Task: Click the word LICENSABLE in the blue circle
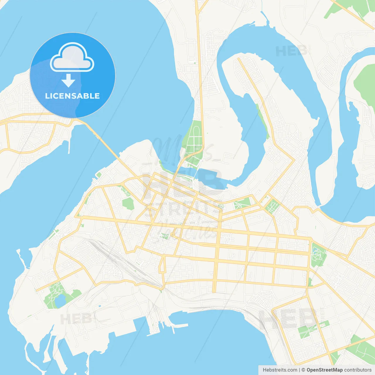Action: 72,96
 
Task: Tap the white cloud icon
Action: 72,58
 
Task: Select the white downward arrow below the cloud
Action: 68,81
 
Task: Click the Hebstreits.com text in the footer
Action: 280,370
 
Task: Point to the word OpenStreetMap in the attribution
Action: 325,370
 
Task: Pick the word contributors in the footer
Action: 358,370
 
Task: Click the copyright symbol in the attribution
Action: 304,370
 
